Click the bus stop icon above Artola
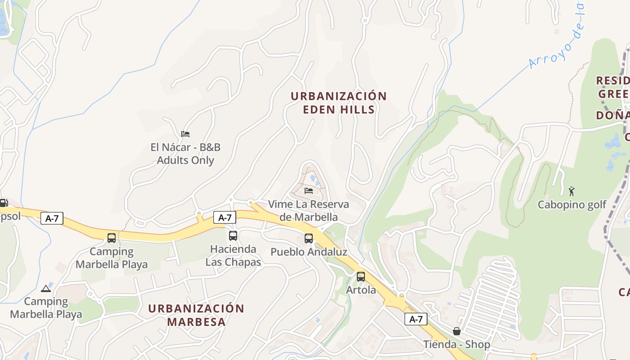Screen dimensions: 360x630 361,276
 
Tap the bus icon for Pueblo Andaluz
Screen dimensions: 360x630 309,238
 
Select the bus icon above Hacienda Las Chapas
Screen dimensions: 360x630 233,235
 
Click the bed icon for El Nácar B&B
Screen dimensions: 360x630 185,134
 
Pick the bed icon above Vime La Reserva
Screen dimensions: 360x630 309,190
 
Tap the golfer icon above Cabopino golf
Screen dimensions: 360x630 571,191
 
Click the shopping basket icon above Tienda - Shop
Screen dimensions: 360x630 457,331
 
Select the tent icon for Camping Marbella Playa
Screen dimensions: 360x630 45,288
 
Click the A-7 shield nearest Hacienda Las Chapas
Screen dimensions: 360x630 225,218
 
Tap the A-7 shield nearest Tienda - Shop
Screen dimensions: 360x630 416,319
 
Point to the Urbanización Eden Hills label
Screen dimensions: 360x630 338,103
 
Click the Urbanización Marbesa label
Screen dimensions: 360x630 196,315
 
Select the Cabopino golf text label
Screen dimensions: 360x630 572,205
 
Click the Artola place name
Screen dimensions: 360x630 361,290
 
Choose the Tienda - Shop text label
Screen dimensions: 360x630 456,345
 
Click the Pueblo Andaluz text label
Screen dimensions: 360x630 309,252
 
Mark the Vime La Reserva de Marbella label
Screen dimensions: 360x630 309,211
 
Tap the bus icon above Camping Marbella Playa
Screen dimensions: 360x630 112,238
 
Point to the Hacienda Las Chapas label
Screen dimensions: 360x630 233,256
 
